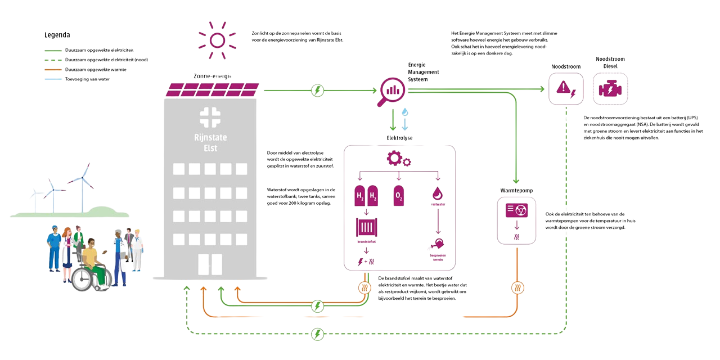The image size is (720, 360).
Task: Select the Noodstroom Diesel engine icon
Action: pos(610,88)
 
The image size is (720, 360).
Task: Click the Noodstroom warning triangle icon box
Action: pos(563,88)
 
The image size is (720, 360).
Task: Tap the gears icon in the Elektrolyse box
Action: pos(398,160)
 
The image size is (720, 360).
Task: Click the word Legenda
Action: pos(57,35)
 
